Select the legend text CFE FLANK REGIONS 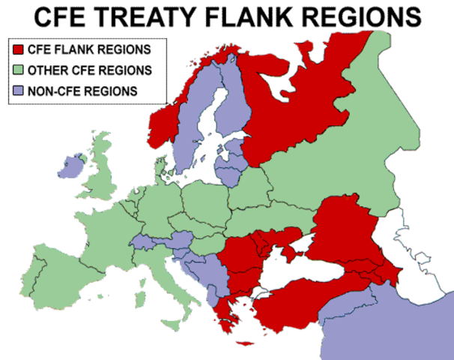coord(88,50)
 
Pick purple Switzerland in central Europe coord(142,241)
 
